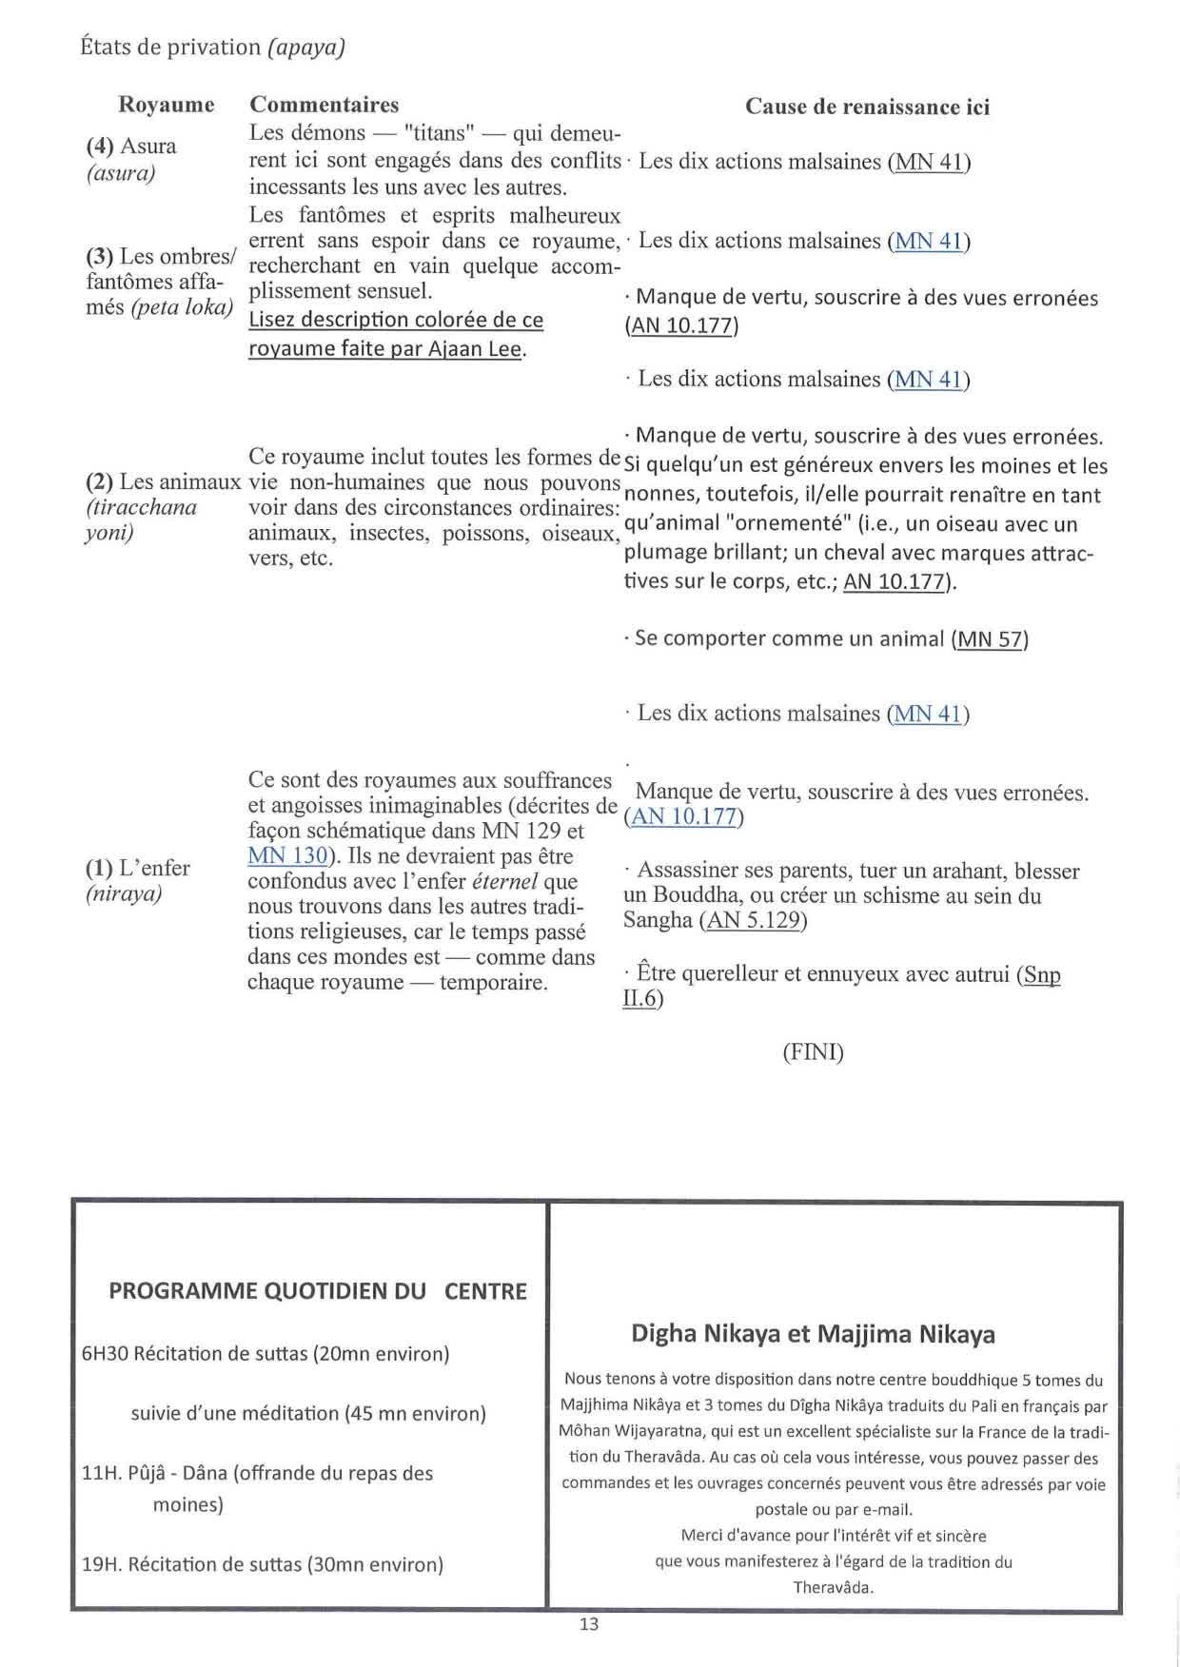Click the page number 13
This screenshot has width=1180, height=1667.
589,1624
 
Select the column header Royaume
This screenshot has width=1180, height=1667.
166,105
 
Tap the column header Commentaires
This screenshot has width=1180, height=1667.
324,105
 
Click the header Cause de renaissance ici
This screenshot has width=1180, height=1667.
867,107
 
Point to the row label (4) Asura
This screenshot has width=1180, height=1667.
131,147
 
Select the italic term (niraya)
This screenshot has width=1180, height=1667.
124,893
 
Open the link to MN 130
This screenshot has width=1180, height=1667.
287,855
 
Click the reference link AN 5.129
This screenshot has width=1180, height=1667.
753,920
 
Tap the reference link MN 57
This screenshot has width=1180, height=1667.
990,638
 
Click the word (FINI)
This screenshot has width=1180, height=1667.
813,1052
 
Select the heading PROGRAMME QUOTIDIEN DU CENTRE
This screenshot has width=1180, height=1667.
317,1291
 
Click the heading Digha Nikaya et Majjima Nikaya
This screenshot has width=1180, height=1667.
813,1334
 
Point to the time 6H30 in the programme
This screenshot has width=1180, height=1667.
105,1353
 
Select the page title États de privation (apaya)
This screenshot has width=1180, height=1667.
212,47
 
